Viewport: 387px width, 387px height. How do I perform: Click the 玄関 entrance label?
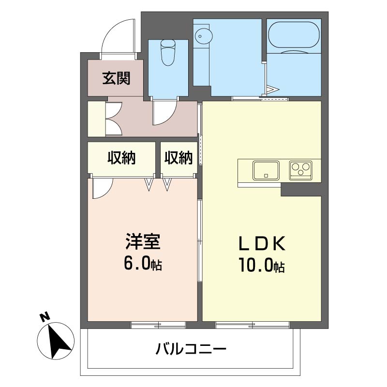point(116,78)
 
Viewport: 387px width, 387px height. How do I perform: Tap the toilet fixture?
point(168,52)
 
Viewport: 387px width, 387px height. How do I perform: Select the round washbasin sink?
point(203,36)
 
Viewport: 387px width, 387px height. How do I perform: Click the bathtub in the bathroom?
point(294,35)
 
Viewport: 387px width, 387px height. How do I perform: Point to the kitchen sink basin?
point(266,170)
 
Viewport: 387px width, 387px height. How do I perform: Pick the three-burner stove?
point(300,170)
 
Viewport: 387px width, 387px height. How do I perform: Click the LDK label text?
point(261,244)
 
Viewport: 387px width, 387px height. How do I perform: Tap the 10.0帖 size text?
point(261,265)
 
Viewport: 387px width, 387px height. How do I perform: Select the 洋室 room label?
point(143,241)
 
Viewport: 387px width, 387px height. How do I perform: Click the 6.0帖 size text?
point(143,263)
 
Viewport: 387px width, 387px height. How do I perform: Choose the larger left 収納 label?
point(121,158)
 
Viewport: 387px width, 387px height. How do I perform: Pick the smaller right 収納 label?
point(179,158)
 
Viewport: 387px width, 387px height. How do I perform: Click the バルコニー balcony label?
point(191,349)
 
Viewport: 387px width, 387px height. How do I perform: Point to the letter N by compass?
point(45,317)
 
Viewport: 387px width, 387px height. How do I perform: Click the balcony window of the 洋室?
point(158,325)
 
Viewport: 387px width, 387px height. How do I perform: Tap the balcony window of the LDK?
point(252,325)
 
